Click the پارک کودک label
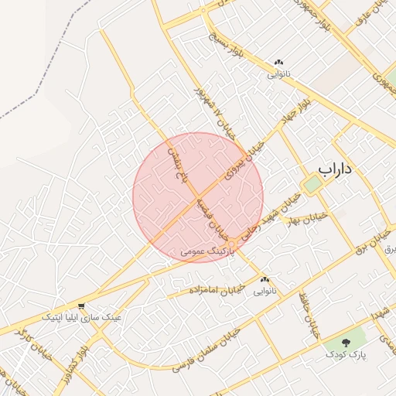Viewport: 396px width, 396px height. (x=344, y=354)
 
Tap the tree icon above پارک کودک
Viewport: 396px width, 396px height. (x=345, y=342)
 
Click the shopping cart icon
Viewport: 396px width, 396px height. (x=81, y=306)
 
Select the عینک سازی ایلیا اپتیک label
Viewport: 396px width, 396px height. (x=81, y=317)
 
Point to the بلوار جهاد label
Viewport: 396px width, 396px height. (x=299, y=109)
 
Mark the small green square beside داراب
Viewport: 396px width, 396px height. (x=311, y=185)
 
